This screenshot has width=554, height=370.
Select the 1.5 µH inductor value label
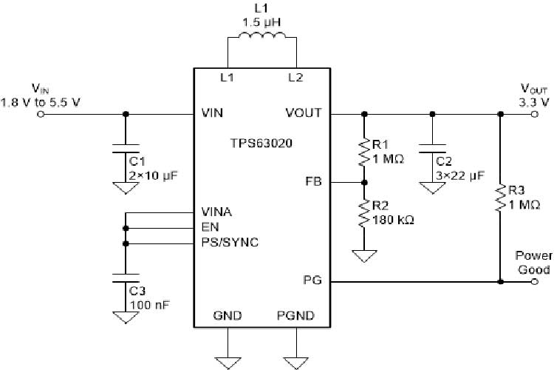click(x=261, y=21)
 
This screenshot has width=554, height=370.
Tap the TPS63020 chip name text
click(x=261, y=145)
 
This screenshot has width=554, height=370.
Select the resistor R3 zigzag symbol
click(x=500, y=198)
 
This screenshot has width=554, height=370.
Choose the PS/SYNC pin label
click(x=230, y=242)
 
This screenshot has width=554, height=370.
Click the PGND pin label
click(x=295, y=316)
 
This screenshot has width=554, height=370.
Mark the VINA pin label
click(x=216, y=212)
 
